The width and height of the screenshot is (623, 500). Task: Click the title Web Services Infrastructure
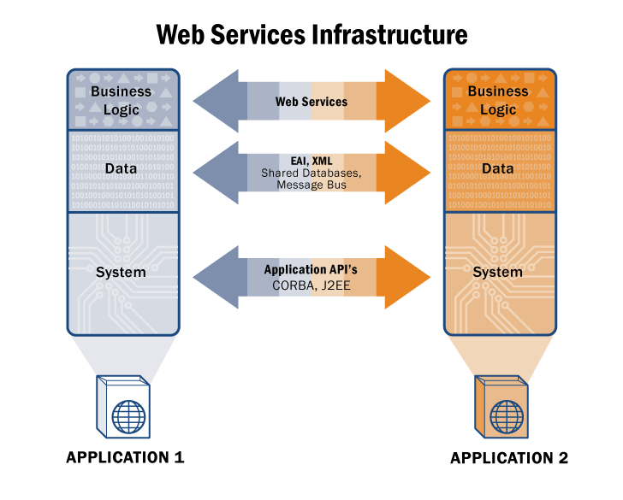[311, 34]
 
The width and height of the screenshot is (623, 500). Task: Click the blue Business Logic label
[121, 99]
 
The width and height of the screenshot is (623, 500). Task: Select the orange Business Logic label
[498, 100]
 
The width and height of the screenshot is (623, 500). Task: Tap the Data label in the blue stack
[122, 169]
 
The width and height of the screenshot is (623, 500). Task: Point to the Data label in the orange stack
[498, 169]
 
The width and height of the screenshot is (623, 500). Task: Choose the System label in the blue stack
[122, 273]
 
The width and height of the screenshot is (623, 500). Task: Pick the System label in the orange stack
[497, 273]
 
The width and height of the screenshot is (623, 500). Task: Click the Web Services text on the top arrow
[311, 102]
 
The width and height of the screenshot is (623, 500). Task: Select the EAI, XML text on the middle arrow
[311, 161]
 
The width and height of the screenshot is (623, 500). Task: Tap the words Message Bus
[311, 185]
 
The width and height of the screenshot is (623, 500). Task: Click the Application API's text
[311, 269]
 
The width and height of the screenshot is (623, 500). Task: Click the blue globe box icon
[122, 407]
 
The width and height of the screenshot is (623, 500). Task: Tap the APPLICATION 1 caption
[125, 457]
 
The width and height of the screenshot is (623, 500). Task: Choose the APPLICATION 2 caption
[509, 458]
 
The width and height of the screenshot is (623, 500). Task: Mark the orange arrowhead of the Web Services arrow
[407, 102]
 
